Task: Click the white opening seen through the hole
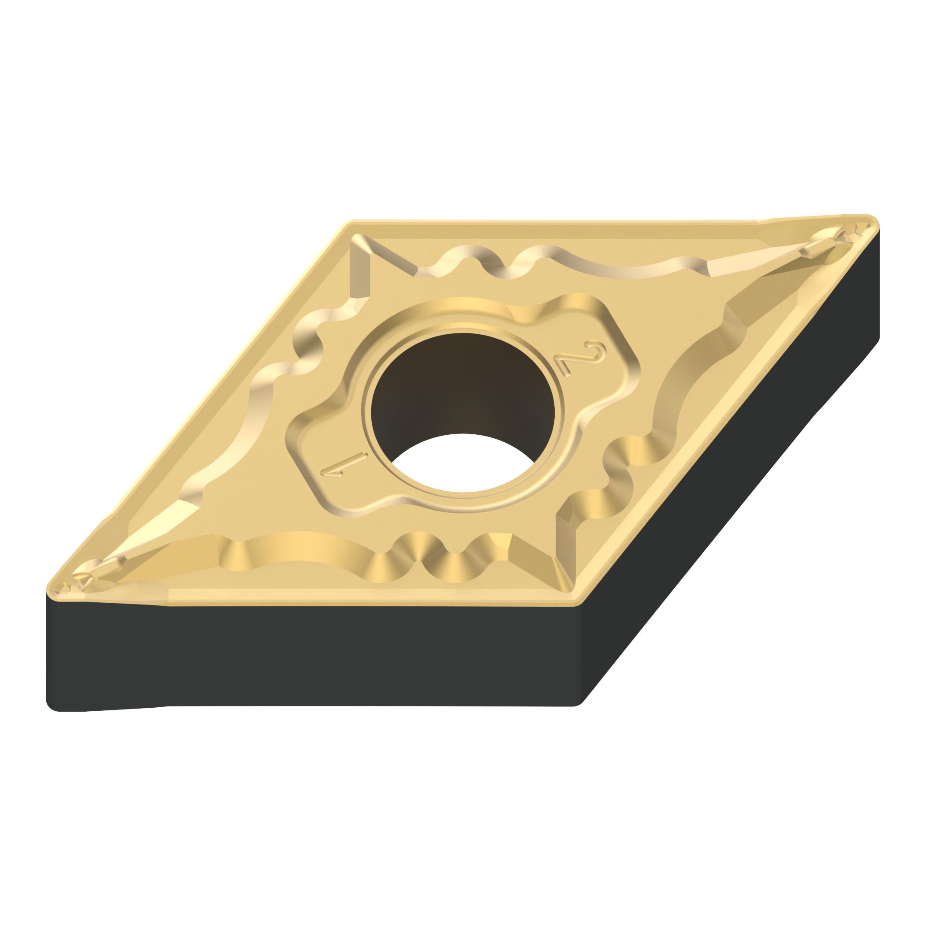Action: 463,463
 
